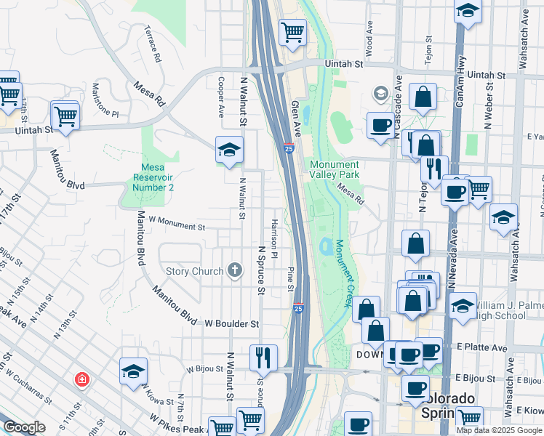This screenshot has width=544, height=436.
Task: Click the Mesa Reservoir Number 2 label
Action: (x=153, y=176)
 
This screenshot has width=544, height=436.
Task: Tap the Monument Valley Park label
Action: (x=335, y=169)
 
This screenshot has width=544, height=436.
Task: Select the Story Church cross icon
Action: (x=234, y=271)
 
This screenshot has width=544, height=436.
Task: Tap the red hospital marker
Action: (x=83, y=379)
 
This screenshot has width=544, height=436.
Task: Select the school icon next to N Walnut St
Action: (x=229, y=150)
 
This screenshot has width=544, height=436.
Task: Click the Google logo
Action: (x=24, y=428)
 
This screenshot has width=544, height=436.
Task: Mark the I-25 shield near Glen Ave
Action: (x=289, y=148)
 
